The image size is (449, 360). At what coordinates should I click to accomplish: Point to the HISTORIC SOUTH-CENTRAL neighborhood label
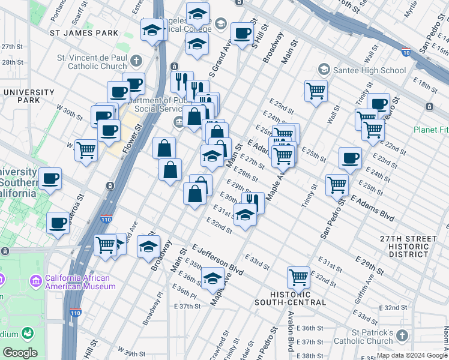click(298, 298)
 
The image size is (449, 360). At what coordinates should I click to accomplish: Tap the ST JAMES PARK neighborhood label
click(84, 33)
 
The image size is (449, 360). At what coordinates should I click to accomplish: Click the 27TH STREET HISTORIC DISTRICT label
click(409, 247)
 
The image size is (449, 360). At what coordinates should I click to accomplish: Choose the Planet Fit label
click(431, 130)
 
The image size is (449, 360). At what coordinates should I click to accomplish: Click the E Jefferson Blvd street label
click(217, 260)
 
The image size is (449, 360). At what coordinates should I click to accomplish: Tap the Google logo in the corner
click(20, 353)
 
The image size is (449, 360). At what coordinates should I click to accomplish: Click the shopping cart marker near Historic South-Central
click(298, 277)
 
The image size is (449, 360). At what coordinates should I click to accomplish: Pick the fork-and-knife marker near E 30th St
click(253, 202)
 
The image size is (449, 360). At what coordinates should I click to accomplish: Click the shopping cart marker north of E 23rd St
click(316, 91)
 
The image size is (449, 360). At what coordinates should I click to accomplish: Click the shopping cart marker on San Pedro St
click(337, 185)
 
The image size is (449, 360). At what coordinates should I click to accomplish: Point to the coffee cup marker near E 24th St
click(350, 158)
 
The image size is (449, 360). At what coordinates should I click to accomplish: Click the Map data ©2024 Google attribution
click(411, 355)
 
